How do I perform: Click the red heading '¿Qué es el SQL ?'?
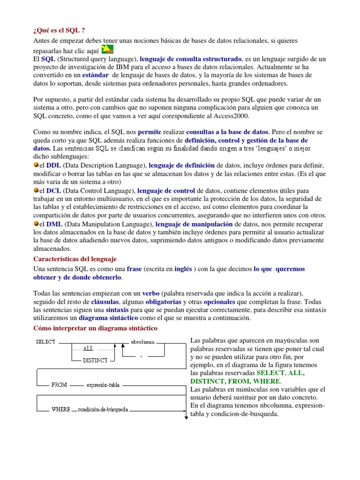[x=59, y=31]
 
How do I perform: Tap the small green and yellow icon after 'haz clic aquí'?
[x=108, y=50]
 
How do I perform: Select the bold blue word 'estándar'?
[x=95, y=75]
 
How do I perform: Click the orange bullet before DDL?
[x=36, y=165]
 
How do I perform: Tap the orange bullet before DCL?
[x=36, y=190]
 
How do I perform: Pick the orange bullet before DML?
[x=36, y=224]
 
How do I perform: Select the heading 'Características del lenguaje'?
[x=75, y=259]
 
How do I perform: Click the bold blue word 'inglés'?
[x=183, y=269]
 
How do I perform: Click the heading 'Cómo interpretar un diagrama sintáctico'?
[x=96, y=328]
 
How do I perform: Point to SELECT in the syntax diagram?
[x=46, y=342]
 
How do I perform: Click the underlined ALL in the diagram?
[x=88, y=348]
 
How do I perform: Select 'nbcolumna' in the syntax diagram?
[x=143, y=342]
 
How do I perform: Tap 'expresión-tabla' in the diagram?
[x=103, y=385]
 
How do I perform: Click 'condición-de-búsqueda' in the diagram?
[x=103, y=409]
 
